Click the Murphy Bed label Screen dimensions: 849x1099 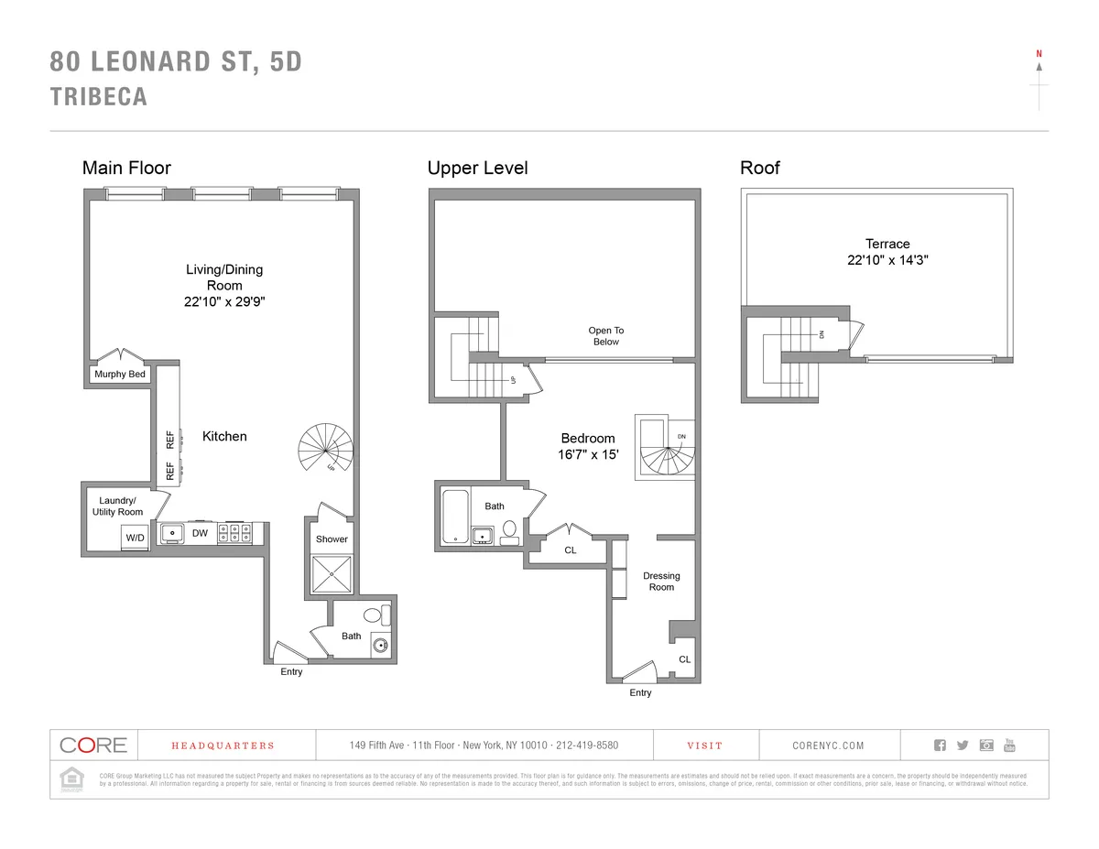119,374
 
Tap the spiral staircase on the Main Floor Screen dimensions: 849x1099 326,448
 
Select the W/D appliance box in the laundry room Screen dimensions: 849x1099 135,538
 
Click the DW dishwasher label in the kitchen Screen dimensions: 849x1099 199,532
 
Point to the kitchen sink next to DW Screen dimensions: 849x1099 171,533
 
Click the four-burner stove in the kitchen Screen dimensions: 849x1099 235,533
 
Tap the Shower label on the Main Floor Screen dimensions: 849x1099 332,539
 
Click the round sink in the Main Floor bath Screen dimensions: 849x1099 381,647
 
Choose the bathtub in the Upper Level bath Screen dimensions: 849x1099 455,517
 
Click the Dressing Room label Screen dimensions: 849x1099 661,582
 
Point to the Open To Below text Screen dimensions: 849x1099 605,336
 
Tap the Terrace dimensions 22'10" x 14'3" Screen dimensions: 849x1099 887,260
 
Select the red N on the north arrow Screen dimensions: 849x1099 1039,54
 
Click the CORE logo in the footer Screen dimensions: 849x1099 92,745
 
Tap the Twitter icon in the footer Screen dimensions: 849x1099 962,745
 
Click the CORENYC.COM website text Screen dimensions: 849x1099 828,746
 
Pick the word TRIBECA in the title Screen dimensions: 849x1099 98,97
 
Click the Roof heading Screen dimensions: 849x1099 759,168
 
